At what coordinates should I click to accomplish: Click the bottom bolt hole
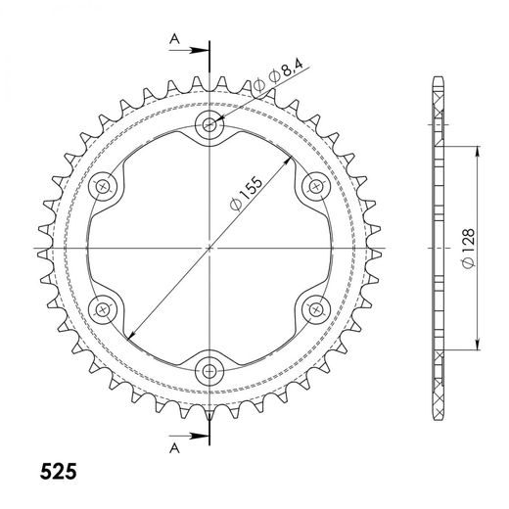pyautogui.click(x=209, y=370)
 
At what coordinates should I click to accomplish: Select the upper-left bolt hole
pyautogui.click(x=103, y=186)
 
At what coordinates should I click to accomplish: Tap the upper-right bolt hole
pyautogui.click(x=316, y=186)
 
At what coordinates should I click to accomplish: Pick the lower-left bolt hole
pyautogui.click(x=103, y=309)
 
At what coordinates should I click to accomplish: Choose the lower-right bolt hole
pyautogui.click(x=316, y=309)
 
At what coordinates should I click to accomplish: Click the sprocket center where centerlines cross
pyautogui.click(x=209, y=248)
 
